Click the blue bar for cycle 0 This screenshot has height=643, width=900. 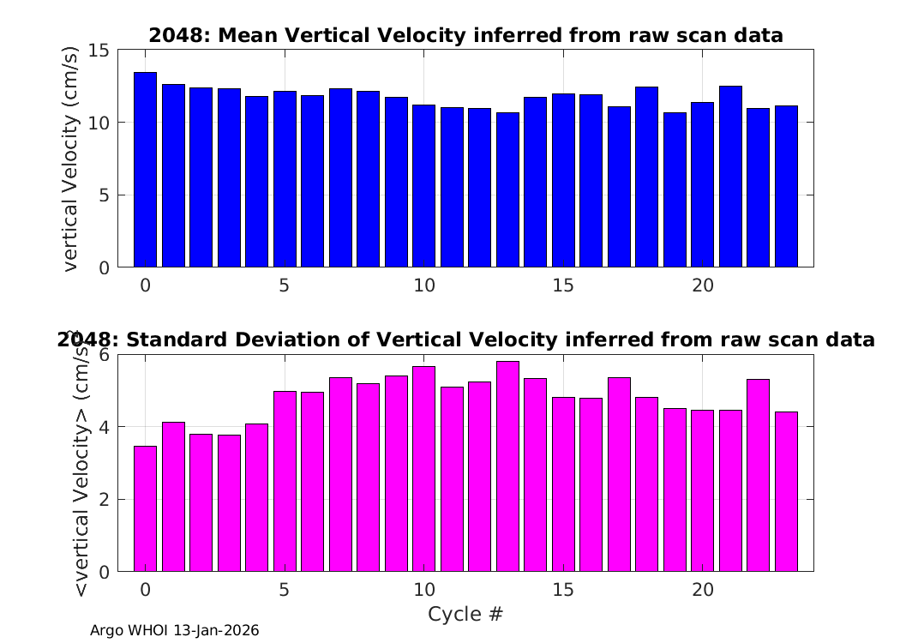point(145,170)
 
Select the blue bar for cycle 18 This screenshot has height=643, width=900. point(647,177)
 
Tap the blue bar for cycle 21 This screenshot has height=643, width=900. point(730,177)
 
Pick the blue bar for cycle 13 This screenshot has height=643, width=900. point(507,190)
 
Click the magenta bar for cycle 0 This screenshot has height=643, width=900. point(145,508)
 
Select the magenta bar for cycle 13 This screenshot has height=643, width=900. point(507,466)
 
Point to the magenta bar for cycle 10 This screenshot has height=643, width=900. point(424,469)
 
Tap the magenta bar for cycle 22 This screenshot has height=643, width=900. point(759,475)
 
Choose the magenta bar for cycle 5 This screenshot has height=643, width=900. point(285,481)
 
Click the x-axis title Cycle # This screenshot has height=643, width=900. point(465,614)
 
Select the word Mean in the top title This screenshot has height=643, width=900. point(249,36)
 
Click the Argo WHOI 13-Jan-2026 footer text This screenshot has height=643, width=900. point(175,630)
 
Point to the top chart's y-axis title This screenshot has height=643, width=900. point(70,159)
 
